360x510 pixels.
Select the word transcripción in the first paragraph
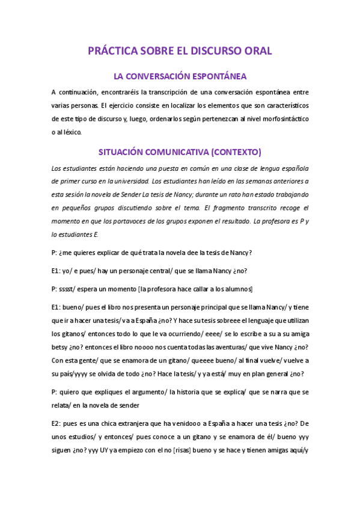click(168, 92)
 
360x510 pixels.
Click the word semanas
click(250, 180)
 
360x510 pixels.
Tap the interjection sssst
click(72, 289)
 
